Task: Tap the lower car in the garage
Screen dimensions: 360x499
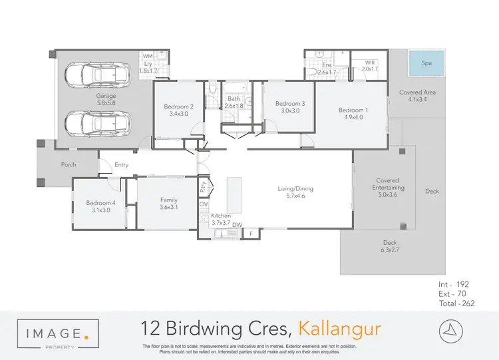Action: [97, 122]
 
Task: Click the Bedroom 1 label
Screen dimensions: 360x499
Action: [351, 114]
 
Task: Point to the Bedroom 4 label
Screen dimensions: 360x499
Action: [100, 207]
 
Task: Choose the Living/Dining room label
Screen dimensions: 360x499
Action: [295, 192]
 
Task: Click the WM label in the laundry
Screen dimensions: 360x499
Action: [148, 57]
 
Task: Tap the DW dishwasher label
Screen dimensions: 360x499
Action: [237, 225]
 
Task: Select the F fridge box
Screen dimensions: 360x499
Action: [251, 233]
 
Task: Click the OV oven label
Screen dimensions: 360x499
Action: [203, 204]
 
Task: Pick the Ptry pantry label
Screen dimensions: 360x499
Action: [204, 187]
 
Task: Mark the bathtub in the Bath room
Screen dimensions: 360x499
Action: [235, 89]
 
